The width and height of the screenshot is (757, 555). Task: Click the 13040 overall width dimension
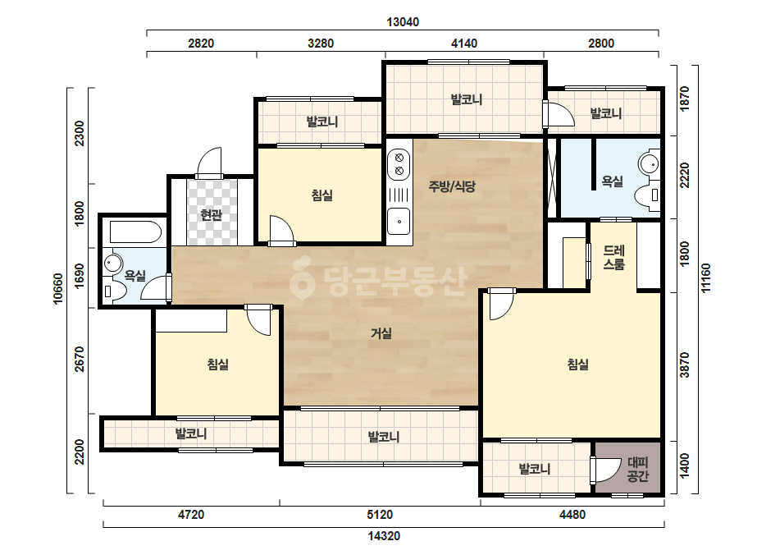point(403,21)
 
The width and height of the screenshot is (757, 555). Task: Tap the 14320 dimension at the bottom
point(384,536)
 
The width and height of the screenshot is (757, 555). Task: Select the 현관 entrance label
point(211,214)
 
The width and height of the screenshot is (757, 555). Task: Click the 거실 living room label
point(381,333)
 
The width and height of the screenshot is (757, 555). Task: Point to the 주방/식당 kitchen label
point(452,186)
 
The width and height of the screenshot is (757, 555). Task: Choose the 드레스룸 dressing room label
point(613,257)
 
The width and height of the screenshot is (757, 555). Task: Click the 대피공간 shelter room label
point(637,470)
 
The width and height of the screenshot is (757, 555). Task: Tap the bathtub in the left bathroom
point(135,232)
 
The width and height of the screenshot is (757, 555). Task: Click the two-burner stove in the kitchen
point(399,164)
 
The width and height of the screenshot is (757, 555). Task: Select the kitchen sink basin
point(399,221)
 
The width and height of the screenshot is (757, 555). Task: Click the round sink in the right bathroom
point(648,164)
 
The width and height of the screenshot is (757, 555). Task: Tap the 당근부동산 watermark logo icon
point(302,278)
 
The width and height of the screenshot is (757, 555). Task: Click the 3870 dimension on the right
point(685,365)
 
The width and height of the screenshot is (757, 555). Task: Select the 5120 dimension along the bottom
point(380,515)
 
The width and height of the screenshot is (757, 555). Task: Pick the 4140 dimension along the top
point(464,44)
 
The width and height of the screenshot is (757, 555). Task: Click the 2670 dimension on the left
point(80,360)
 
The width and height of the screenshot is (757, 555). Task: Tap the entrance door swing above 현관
point(209,162)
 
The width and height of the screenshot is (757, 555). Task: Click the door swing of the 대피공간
point(605,469)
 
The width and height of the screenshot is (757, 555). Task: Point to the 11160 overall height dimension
point(706,278)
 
